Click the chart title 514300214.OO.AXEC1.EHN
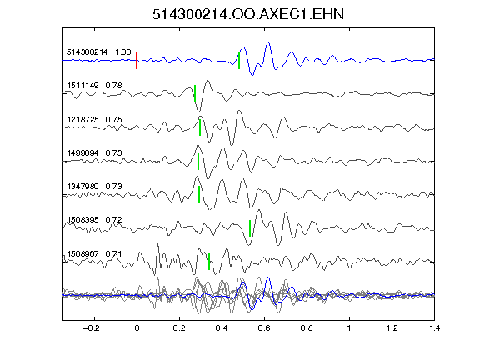[248, 14]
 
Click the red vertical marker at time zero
[137, 60]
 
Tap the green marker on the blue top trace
[239, 60]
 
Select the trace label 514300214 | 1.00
[99, 52]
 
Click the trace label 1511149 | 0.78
[95, 85]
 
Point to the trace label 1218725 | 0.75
[95, 119]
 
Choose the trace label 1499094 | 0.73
[95, 152]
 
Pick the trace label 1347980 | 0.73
[95, 186]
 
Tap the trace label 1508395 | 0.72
[95, 220]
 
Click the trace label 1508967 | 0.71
[95, 254]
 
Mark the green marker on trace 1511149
[195, 93]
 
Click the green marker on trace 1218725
[200, 127]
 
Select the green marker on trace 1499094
[198, 161]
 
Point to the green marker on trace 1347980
[199, 194]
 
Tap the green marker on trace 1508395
[250, 228]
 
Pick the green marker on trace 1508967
[209, 262]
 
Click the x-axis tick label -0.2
[91, 328]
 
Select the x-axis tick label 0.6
[264, 328]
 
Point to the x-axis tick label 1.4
[435, 328]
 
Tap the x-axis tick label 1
[349, 328]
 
